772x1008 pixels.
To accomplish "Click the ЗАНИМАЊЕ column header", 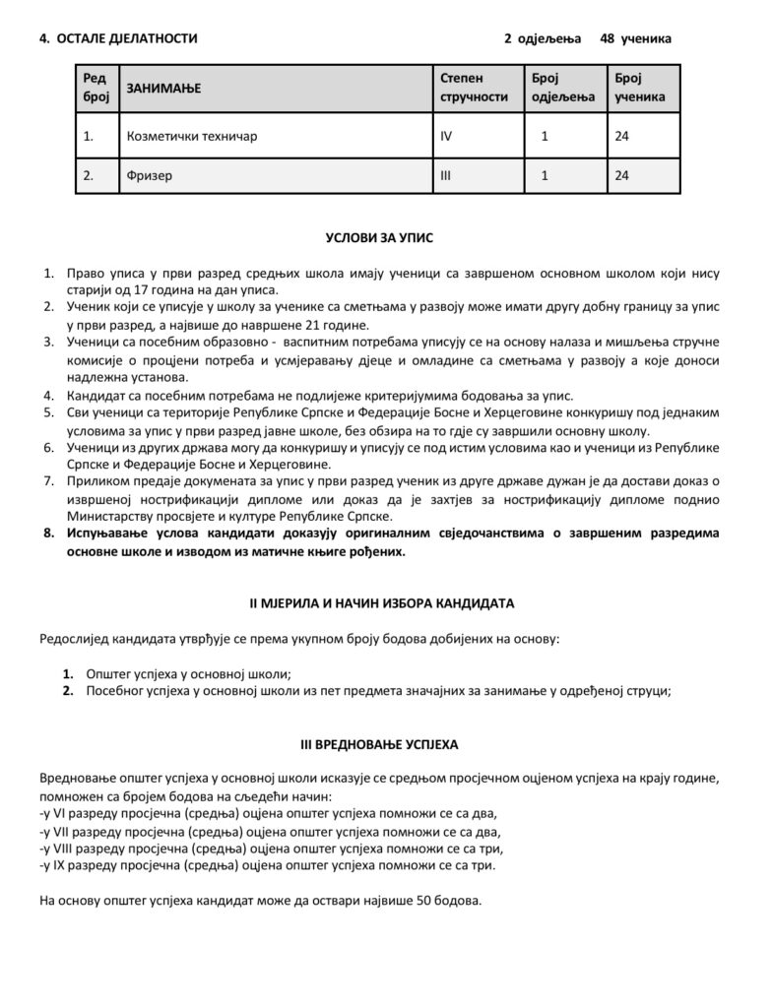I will pos(163,89).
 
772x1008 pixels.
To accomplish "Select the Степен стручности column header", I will pos(474,87).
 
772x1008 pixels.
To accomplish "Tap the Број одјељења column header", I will pos(563,87).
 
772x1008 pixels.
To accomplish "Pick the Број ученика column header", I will pos(639,87).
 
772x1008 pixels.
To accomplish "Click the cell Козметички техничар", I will pos(192,137).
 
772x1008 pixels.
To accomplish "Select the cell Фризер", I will pos(150,176).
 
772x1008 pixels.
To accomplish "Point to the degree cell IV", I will pos(446,137).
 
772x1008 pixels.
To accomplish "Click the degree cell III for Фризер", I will pos(445,176).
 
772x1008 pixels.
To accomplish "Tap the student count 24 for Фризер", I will pos(621,176).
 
